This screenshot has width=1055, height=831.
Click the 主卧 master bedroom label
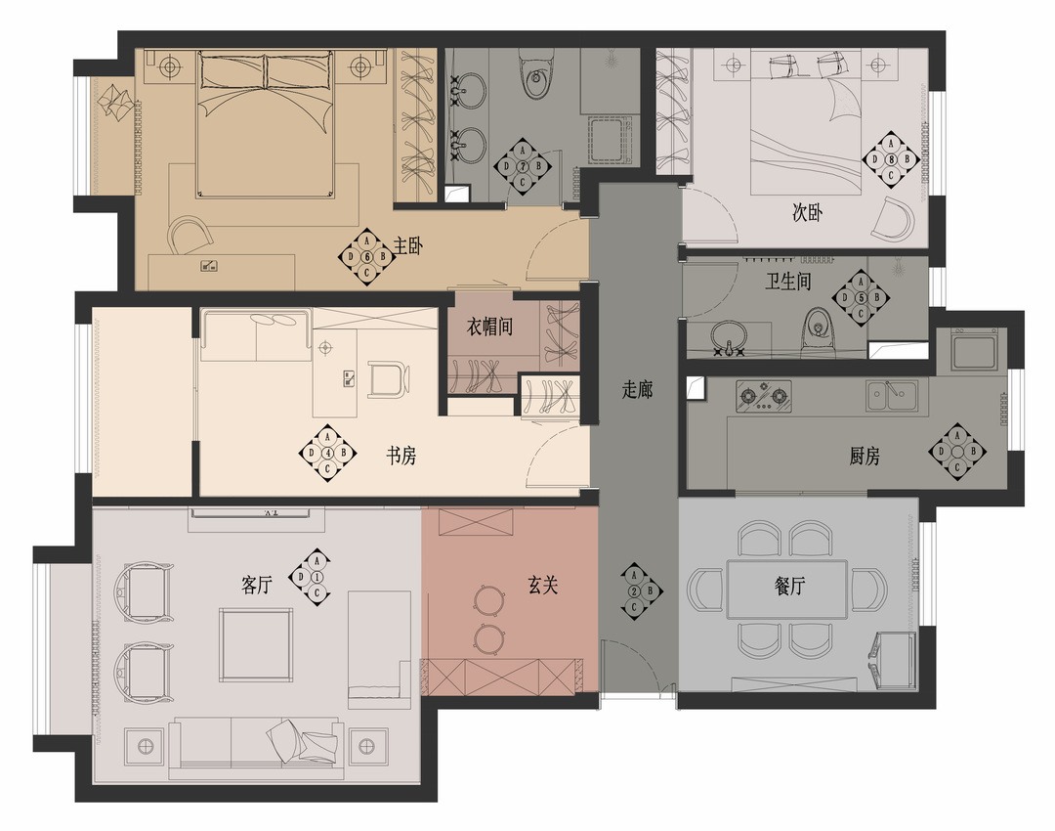click(x=407, y=245)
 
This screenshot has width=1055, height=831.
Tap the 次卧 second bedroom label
click(x=807, y=213)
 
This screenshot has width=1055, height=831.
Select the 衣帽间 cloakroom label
click(x=489, y=327)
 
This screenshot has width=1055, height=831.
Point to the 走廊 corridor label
click(x=637, y=389)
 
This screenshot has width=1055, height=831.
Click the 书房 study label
click(x=401, y=456)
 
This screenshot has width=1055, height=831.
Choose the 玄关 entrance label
click(x=542, y=586)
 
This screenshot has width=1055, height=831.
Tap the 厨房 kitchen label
click(x=865, y=456)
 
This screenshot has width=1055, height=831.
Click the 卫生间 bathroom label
click(x=788, y=281)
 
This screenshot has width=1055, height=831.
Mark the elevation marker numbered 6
click(x=366, y=256)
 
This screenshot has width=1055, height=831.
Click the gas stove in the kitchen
click(x=763, y=395)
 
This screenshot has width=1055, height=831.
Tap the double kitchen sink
click(x=891, y=395)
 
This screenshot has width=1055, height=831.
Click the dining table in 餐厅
click(x=786, y=590)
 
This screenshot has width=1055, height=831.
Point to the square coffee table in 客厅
click(x=256, y=644)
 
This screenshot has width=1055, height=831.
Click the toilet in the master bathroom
click(x=536, y=74)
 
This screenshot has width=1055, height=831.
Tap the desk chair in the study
click(x=388, y=379)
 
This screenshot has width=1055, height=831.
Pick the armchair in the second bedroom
click(x=893, y=219)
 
